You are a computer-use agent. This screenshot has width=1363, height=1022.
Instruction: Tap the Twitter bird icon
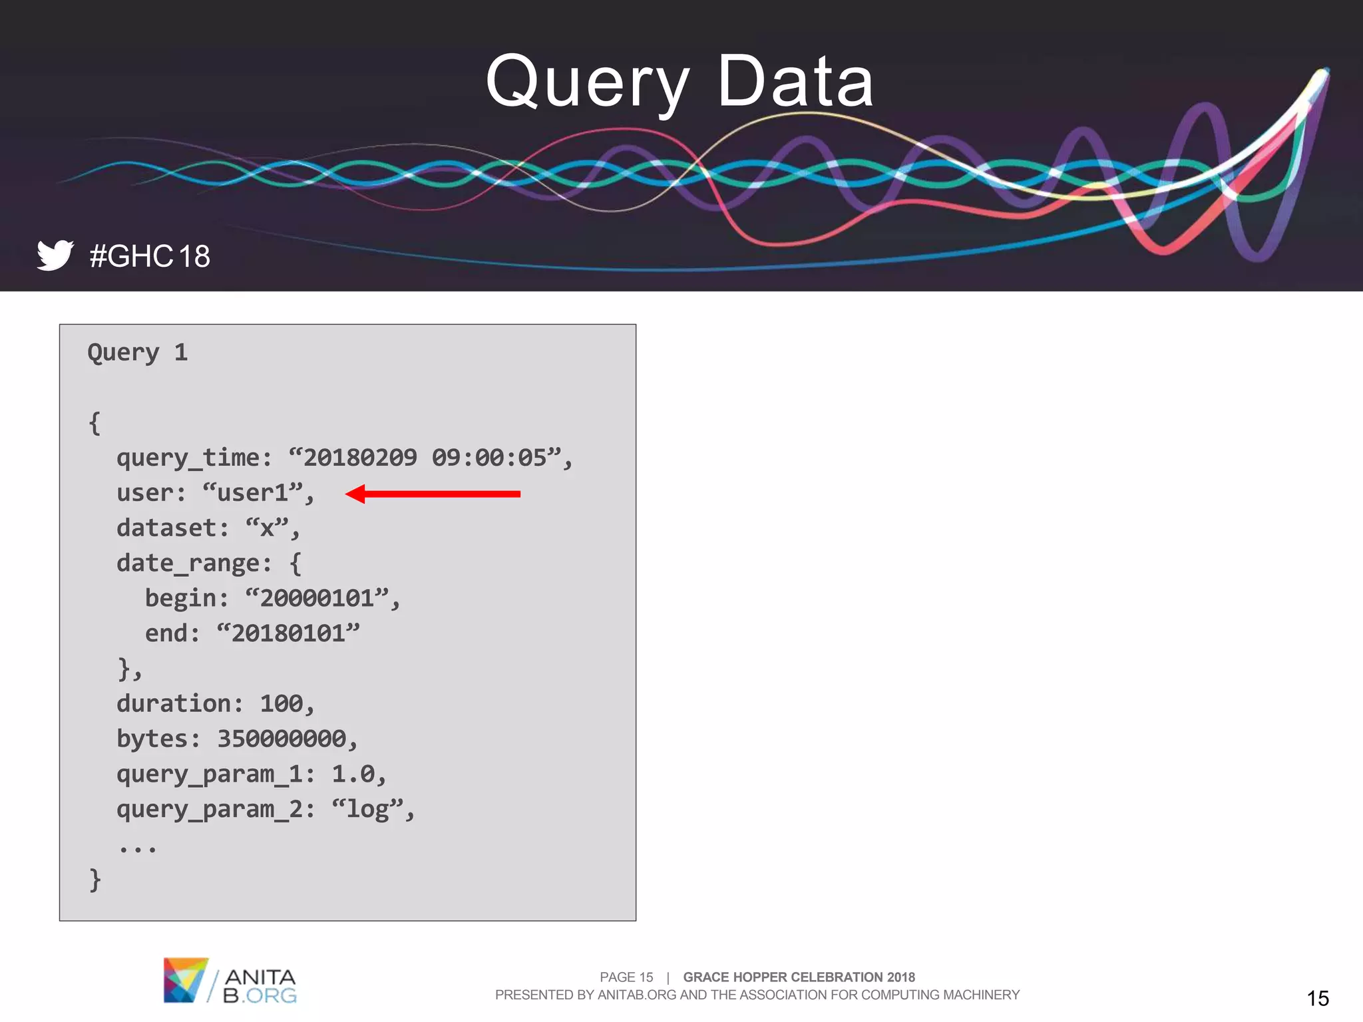point(55,255)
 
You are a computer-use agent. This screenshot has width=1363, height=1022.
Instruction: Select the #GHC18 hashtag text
point(150,256)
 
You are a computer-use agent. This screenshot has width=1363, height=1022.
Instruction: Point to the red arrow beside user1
point(433,494)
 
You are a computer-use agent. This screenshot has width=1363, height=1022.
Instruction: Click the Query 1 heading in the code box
point(138,352)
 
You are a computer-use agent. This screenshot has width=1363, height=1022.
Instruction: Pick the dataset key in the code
point(167,528)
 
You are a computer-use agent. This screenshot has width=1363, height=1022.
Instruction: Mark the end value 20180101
point(288,633)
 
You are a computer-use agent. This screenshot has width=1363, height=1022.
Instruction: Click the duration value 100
point(282,704)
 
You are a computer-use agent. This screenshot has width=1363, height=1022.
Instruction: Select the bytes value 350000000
point(282,739)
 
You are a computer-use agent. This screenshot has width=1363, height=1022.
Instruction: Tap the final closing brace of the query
point(95,880)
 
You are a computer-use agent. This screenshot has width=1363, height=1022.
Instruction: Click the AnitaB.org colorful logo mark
point(185,979)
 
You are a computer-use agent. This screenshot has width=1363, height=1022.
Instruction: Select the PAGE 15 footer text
point(626,977)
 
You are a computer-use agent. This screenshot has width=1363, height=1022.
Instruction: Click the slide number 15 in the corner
point(1318,998)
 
